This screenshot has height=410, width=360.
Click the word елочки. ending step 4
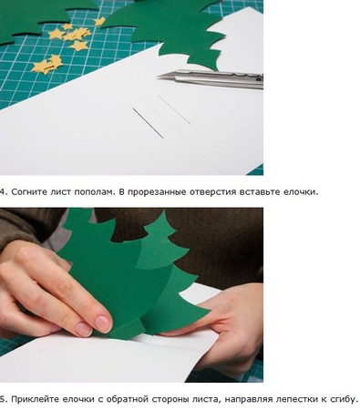[x=301, y=192]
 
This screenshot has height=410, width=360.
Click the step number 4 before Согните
[x=2, y=192]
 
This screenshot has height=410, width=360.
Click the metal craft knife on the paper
[x=211, y=78]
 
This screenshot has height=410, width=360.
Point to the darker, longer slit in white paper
[x=148, y=123]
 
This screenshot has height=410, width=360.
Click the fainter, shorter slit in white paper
[x=174, y=110]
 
